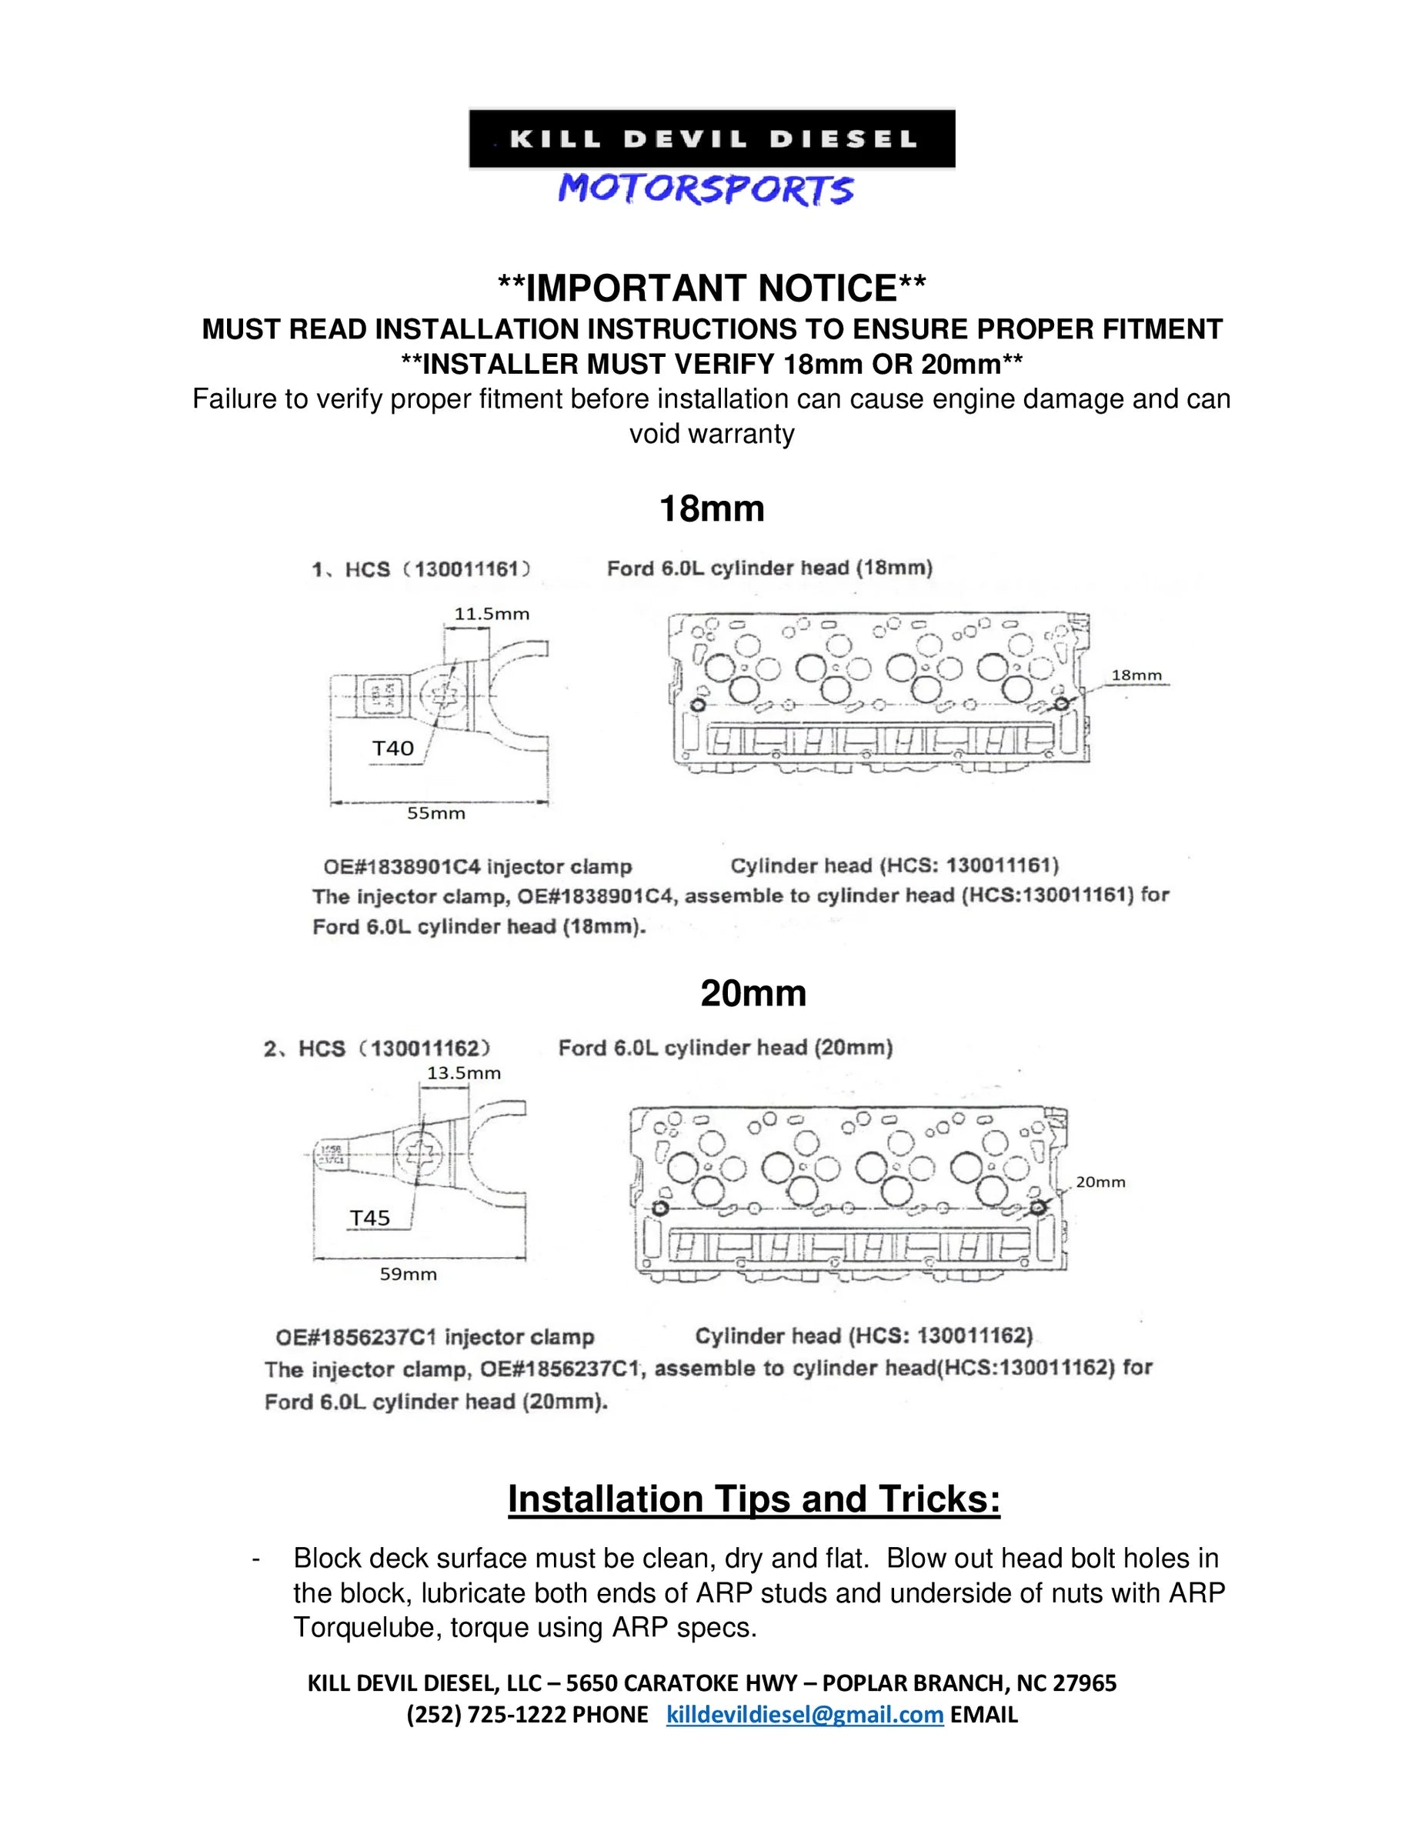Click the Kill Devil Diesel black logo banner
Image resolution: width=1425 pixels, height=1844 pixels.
[712, 138]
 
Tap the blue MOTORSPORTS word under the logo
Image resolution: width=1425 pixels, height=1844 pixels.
[706, 189]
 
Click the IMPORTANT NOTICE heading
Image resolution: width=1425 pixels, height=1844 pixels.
[712, 288]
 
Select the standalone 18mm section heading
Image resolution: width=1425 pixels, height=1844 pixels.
[711, 509]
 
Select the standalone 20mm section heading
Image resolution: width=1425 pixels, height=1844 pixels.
[753, 993]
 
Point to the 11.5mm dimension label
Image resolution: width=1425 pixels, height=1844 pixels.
[492, 614]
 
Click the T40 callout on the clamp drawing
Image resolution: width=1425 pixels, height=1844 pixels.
[394, 748]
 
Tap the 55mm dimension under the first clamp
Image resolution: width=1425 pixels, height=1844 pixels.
[436, 813]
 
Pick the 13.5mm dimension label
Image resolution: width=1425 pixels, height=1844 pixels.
[464, 1073]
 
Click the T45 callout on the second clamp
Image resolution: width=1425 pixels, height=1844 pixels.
[370, 1218]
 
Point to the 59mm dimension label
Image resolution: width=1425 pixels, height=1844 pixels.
[408, 1274]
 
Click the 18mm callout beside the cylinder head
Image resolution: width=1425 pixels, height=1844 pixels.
[1136, 675]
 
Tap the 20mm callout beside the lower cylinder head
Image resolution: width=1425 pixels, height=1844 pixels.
[1100, 1182]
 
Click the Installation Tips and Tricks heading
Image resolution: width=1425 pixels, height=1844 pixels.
[753, 1499]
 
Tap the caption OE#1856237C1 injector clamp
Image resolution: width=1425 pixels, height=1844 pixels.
[435, 1336]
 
